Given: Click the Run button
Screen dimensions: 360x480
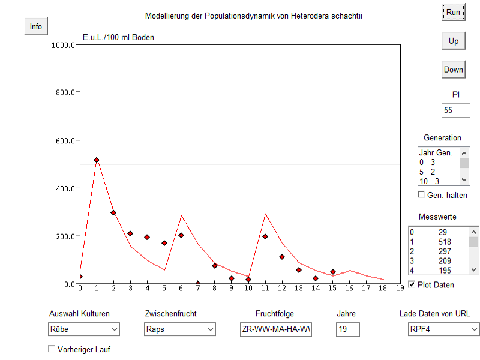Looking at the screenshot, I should (453, 12).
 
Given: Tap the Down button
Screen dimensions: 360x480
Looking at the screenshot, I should (453, 70).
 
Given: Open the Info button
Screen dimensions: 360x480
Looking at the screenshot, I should (36, 26).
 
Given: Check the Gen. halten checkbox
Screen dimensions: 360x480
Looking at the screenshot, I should (422, 195).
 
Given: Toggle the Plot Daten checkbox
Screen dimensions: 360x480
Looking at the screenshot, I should (412, 284).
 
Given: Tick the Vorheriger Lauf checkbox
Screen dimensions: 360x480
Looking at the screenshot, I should (52, 349).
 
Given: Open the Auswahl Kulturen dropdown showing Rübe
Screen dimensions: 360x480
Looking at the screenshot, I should (84, 329).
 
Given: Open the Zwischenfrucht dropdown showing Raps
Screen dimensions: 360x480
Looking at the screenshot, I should (180, 329).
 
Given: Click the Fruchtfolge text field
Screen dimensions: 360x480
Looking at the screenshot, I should (275, 329).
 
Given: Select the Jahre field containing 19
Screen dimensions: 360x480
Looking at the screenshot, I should (347, 329).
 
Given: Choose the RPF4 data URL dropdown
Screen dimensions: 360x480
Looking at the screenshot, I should (443, 329).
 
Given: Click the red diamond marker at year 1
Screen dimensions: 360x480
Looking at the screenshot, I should (97, 160).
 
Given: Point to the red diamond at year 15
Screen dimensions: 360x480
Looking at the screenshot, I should (332, 272).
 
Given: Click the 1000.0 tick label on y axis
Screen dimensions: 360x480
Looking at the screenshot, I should (64, 45).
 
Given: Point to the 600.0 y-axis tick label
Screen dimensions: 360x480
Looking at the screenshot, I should (65, 140).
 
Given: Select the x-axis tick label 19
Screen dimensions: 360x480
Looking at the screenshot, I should (400, 289).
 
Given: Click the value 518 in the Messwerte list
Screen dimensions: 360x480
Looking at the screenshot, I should (445, 242).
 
